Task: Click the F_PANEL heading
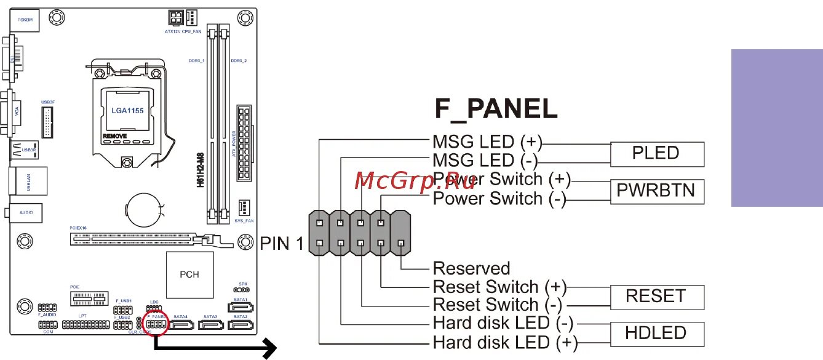point(496,109)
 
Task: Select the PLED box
point(656,153)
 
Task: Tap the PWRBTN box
point(656,191)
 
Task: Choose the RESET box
point(656,297)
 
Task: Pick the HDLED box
point(656,334)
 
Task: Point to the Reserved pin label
point(471,268)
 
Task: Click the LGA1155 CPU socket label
point(127,111)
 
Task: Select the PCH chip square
point(189,274)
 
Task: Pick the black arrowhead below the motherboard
point(268,350)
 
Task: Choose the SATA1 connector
point(239,306)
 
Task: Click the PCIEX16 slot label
point(78,228)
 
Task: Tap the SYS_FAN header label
point(244,220)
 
